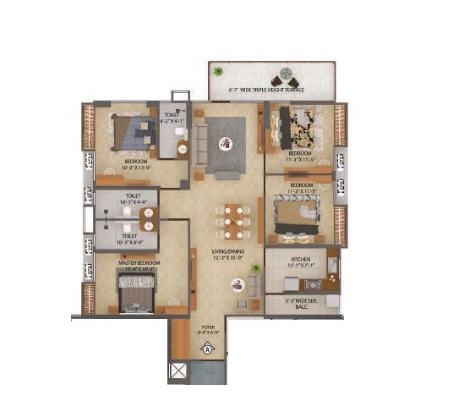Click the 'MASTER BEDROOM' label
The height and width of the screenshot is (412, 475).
139,263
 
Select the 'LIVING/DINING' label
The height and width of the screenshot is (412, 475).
227,251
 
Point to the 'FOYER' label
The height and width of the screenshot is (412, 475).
208,327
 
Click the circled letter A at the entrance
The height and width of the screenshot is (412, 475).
208,344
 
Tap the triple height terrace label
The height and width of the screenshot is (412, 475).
267,88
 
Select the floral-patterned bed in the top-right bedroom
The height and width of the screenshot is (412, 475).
300,127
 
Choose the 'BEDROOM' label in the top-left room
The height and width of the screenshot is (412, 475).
136,161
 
